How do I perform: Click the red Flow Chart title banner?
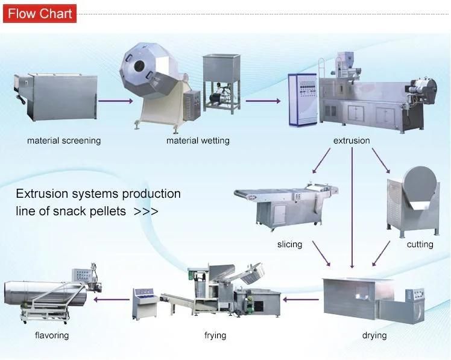(x=40, y=14)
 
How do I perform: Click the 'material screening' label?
(x=64, y=141)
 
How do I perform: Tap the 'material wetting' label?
(x=198, y=141)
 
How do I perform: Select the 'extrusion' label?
(x=352, y=141)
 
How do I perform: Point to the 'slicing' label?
(x=289, y=245)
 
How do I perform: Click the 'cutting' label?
(x=420, y=245)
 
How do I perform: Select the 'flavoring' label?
(x=52, y=335)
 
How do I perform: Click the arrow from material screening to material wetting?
(x=115, y=101)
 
